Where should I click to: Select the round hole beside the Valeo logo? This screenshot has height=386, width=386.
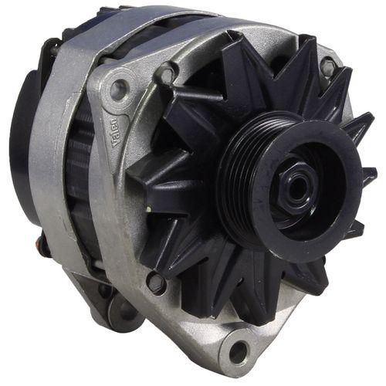117,86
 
